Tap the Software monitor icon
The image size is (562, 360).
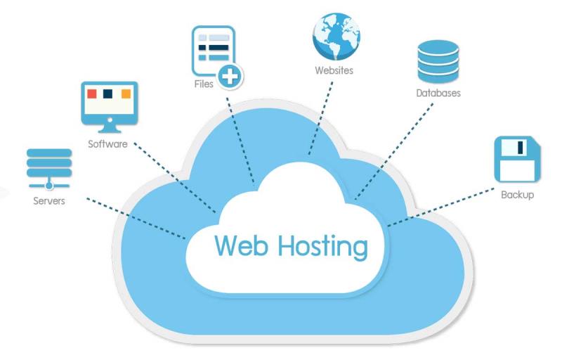(x=108, y=105)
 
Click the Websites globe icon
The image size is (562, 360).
(x=335, y=36)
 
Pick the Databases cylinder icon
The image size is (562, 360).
(x=438, y=61)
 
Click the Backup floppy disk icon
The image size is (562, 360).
(x=517, y=159)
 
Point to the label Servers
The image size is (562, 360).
(x=48, y=201)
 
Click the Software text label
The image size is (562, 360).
(x=107, y=144)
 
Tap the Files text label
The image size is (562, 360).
(x=204, y=84)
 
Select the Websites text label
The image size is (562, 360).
(x=334, y=70)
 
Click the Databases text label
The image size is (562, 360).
(x=438, y=93)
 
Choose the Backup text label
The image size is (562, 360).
(x=517, y=194)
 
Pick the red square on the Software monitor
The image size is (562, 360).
(x=91, y=93)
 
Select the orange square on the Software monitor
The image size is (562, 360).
(x=126, y=93)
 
